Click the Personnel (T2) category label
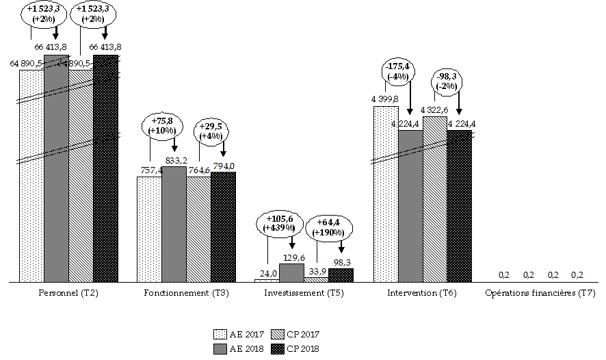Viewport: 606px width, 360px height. point(68,294)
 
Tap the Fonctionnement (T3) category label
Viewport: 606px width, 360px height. point(186,294)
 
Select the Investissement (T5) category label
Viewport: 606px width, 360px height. point(304,294)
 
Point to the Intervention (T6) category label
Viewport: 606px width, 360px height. point(422,294)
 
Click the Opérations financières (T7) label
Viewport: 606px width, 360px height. point(540,294)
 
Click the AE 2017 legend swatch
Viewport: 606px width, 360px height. point(220,335)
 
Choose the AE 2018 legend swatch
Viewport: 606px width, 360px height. point(220,348)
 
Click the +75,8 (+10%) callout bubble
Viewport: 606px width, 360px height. point(162,127)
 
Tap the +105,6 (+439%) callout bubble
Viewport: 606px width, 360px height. point(279,223)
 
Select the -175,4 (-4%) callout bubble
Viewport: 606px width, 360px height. point(397,72)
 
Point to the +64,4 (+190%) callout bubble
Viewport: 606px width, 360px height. point(328,227)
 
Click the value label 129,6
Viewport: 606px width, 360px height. point(292,258)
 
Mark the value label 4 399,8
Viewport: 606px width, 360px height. point(384,99)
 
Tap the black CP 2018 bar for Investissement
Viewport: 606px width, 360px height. point(341,274)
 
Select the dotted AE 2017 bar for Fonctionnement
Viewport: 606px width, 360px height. point(148,229)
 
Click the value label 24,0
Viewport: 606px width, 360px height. point(267,274)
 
